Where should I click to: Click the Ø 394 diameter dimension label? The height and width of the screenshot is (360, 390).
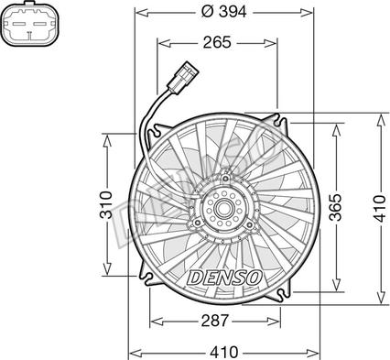tap(223, 12)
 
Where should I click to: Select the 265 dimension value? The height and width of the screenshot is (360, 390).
tap(217, 43)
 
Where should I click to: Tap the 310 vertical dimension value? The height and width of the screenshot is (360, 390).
tap(106, 205)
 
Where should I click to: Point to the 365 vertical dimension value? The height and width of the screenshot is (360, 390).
tap(336, 207)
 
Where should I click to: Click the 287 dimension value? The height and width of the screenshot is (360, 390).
tap(215, 321)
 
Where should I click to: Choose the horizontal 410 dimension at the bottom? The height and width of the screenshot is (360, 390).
tap(223, 352)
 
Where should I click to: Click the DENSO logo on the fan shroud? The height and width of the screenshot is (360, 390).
tap(224, 278)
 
